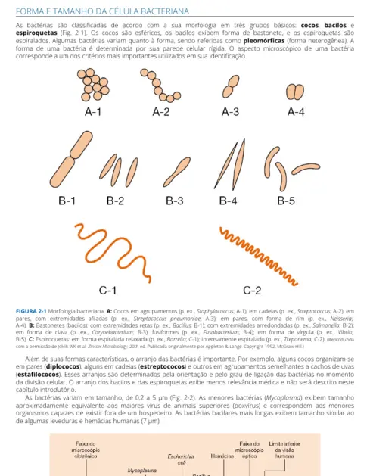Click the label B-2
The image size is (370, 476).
pos(115,201)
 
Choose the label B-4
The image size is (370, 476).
pos(228,201)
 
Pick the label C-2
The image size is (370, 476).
pos(251,289)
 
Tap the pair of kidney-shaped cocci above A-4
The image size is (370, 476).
pos(294,92)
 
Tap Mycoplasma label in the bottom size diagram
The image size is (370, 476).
pos(141,470)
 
